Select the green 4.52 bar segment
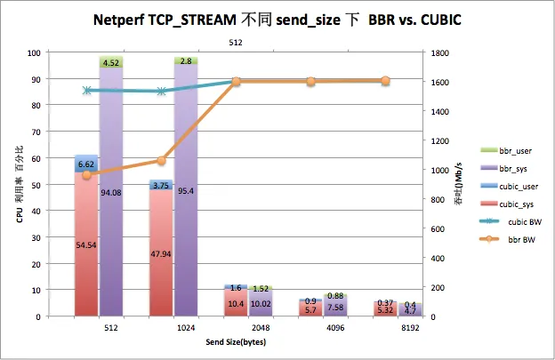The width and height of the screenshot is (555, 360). click(111, 61)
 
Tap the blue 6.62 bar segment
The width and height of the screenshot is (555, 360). click(86, 164)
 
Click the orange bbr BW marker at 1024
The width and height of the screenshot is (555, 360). click(161, 161)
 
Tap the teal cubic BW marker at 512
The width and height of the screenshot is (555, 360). click(86, 90)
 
